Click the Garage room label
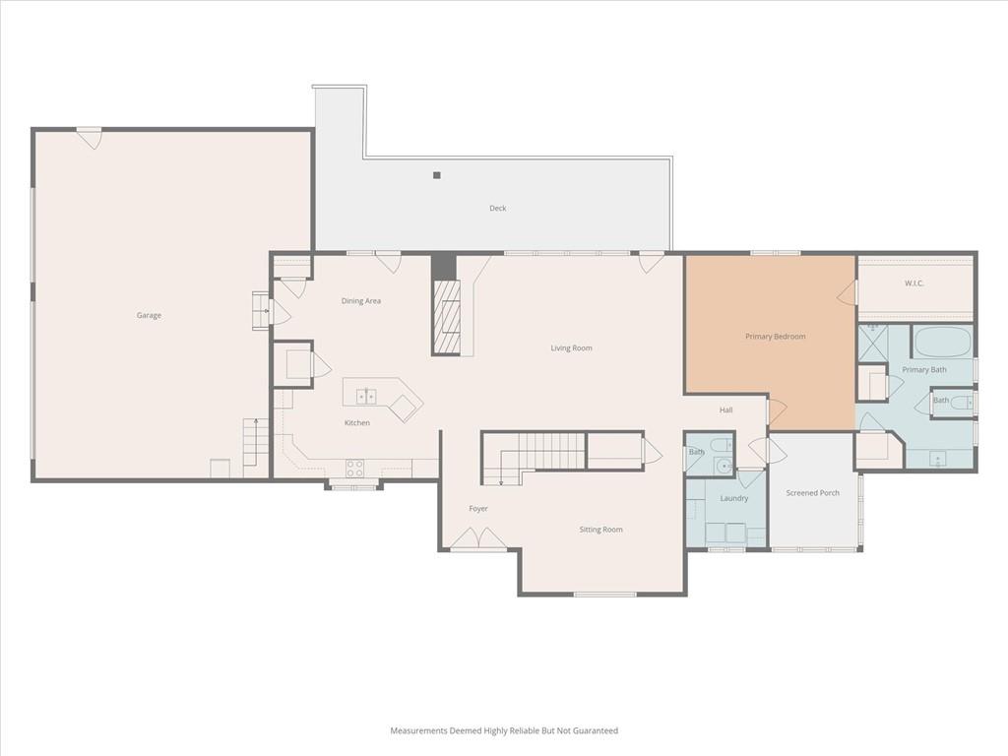[149, 315]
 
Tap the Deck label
[497, 209]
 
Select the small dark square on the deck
[436, 175]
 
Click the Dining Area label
[360, 301]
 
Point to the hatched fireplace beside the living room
[447, 316]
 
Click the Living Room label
[571, 347]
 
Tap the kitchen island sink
[366, 397]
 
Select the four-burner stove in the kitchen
[354, 468]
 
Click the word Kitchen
[356, 423]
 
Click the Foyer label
[477, 509]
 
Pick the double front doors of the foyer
[477, 538]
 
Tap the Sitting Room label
[600, 530]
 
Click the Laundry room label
[733, 498]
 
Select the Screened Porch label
[812, 493]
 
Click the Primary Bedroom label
[775, 337]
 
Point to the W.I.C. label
[913, 283]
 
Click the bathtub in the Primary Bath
[942, 342]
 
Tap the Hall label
[725, 410]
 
